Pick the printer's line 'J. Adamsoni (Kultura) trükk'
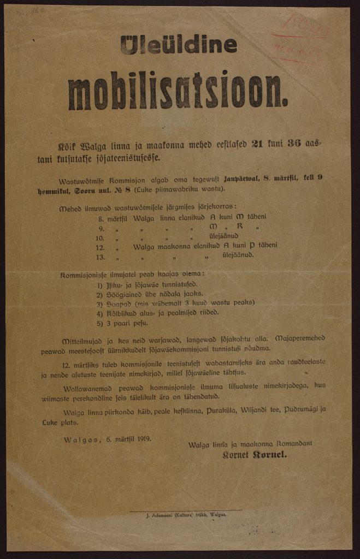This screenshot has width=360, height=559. point(186,514)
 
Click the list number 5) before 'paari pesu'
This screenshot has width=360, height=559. point(99,322)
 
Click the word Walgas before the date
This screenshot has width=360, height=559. point(78,438)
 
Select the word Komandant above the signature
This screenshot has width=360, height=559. point(293,443)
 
